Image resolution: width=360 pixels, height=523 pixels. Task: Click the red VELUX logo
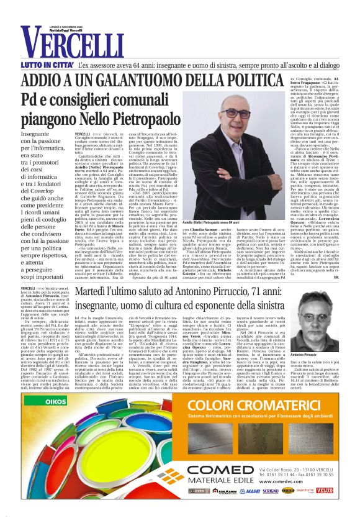[323, 491]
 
